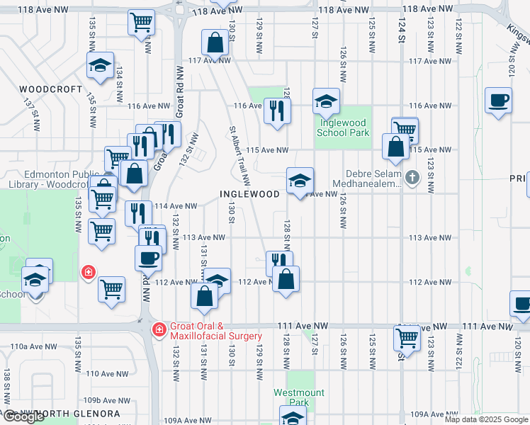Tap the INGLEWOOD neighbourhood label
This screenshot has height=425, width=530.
coord(249,193)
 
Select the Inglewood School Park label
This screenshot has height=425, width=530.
coord(343,127)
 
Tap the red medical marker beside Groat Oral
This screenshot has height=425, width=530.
coord(160,329)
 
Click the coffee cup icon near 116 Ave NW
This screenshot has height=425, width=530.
coord(498,100)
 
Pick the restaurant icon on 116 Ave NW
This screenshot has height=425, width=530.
coord(276,110)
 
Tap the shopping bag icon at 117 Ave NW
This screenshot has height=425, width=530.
coord(215,42)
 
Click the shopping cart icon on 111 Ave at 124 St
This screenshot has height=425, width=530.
coord(407,337)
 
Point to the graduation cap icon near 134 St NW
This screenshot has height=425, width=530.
coord(100,66)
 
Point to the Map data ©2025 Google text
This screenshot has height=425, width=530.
coord(485,419)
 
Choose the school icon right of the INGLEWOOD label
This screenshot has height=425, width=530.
coord(300,181)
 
